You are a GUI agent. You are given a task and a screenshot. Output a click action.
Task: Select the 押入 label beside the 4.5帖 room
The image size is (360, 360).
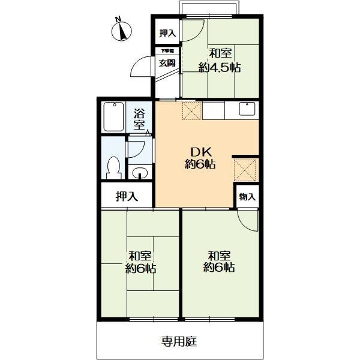(x=167, y=33)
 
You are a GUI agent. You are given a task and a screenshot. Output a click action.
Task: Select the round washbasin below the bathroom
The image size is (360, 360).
(x=139, y=175)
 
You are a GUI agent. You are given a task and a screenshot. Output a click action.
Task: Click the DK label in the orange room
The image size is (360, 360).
(x=201, y=151)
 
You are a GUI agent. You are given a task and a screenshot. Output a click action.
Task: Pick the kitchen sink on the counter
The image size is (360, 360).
(x=247, y=109)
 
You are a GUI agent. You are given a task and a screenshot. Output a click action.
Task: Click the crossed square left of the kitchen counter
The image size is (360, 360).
(x=192, y=110)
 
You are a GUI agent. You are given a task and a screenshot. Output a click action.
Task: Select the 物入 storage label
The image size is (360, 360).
(x=248, y=197)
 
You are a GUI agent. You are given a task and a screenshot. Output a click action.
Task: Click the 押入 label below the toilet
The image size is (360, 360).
(x=126, y=196)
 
